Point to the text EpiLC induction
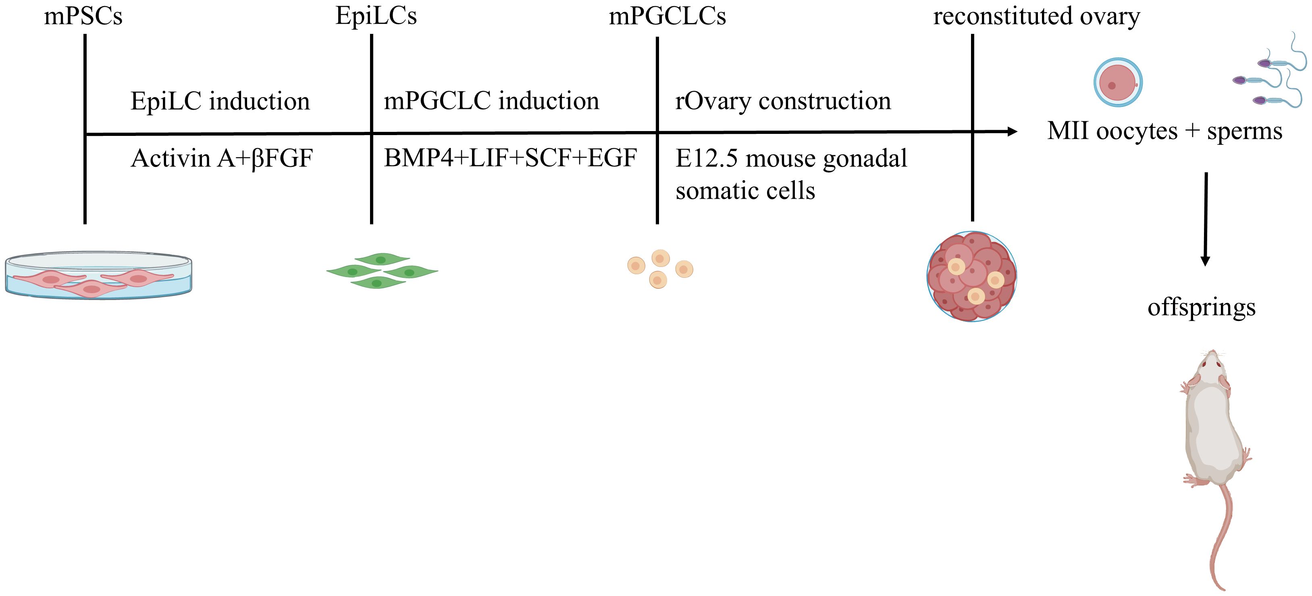tap(220, 101)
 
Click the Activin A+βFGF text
tap(222, 158)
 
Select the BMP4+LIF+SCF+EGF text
tap(510, 158)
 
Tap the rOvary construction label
tap(783, 101)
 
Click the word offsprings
tap(1202, 308)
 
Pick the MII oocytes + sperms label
tap(1164, 131)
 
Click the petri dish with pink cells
tap(98, 275)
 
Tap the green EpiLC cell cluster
tap(382, 271)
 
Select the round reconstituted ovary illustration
tap(971, 277)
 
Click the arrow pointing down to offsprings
tap(1205, 219)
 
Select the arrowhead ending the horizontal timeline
tap(1013, 131)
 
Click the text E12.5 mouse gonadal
tap(791, 158)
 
